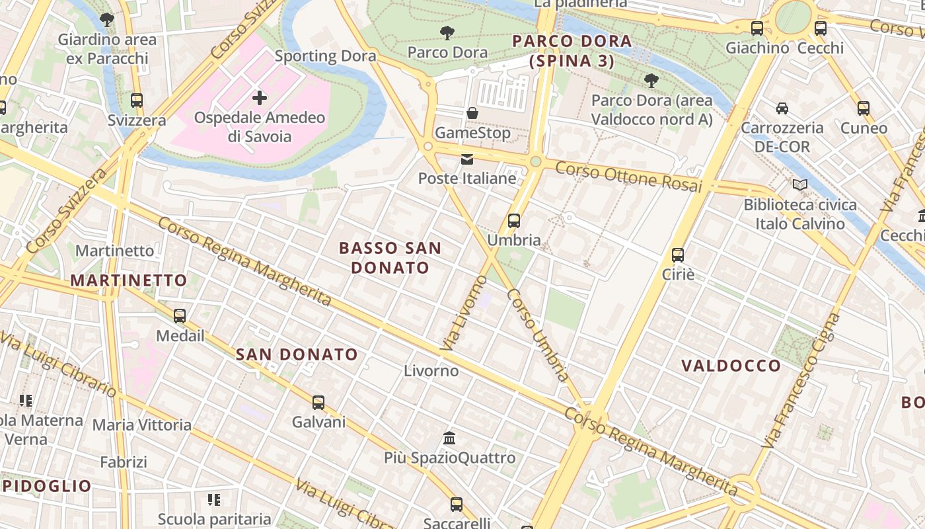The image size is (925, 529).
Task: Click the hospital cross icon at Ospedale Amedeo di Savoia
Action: (x=260, y=99)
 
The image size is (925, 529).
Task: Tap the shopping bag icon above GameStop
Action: (x=472, y=113)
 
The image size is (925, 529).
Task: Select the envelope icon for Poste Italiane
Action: (x=467, y=159)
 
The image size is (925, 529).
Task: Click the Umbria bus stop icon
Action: (x=514, y=221)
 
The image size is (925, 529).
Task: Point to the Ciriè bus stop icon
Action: (x=677, y=255)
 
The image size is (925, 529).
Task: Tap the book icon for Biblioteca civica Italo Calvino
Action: (x=800, y=185)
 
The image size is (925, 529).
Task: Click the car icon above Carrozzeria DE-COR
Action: (x=782, y=108)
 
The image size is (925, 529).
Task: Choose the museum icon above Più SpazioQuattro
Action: (x=450, y=438)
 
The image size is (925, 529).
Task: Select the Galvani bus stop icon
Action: (x=318, y=402)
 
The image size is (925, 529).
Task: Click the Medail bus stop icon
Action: (x=180, y=316)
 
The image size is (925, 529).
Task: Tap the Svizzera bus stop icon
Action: (x=137, y=101)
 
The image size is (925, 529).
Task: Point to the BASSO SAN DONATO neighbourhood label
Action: (x=390, y=258)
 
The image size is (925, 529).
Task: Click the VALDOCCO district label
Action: (x=731, y=366)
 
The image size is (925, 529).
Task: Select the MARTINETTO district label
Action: (x=129, y=280)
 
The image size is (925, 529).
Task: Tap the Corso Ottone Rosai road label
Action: (x=628, y=177)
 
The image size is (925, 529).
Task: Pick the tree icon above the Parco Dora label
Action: (x=447, y=32)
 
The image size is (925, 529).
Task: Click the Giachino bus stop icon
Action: (x=757, y=28)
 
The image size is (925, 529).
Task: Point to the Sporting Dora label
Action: (x=325, y=56)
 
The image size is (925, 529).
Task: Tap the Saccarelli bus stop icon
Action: (x=456, y=505)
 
